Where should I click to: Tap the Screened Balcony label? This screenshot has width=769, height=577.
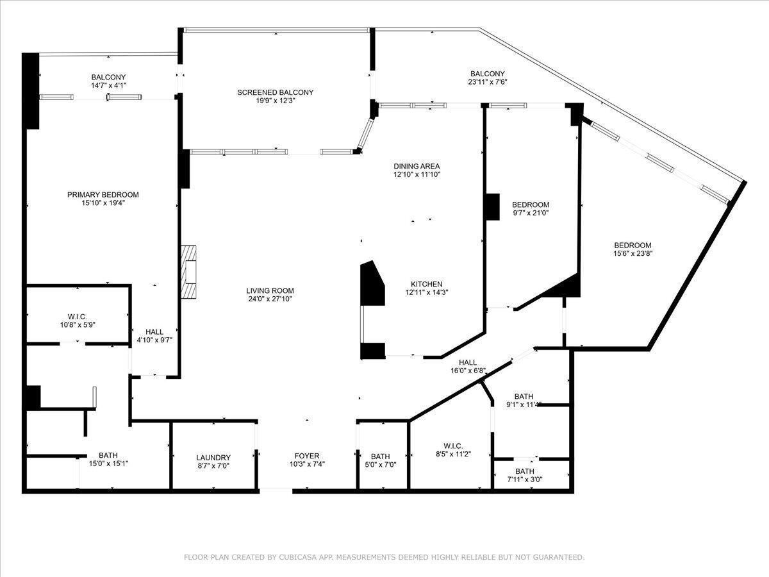(x=276, y=92)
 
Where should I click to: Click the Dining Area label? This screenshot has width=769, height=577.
(x=417, y=166)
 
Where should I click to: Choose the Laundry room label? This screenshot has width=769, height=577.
(x=213, y=458)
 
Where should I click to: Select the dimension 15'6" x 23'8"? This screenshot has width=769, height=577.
(x=633, y=253)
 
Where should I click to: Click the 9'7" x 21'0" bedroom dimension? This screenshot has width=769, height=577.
(x=531, y=213)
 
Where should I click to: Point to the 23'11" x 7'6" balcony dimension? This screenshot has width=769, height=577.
(x=487, y=82)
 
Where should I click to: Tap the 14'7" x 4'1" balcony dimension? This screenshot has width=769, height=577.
(x=108, y=85)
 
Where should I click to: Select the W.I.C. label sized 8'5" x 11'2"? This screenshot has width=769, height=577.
(x=452, y=446)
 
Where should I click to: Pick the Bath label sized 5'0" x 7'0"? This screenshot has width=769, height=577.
(x=380, y=456)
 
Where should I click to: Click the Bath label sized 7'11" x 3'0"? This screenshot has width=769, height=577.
(x=525, y=471)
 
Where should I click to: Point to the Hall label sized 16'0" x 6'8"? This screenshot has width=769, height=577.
(x=468, y=362)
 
